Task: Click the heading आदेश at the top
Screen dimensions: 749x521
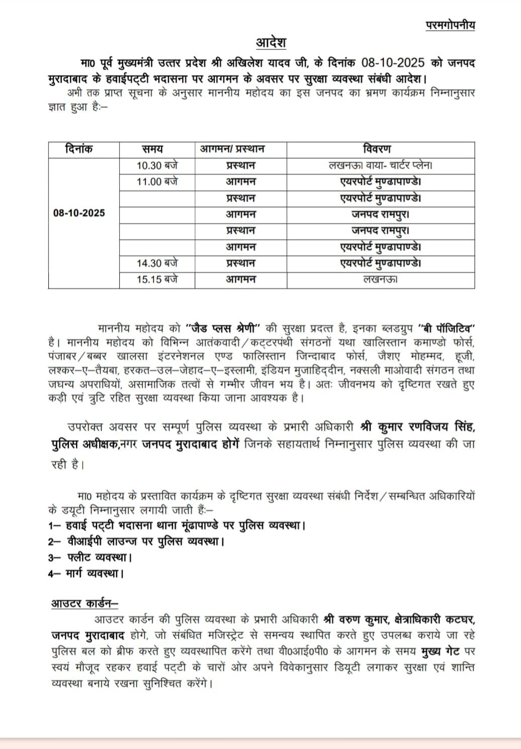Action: [271, 42]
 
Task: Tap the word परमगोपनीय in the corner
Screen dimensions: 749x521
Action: [450, 25]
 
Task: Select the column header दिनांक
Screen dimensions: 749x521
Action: [79, 149]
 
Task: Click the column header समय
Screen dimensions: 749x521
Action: [152, 149]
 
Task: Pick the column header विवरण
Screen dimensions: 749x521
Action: [376, 149]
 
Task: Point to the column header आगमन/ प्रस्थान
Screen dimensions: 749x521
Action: [233, 149]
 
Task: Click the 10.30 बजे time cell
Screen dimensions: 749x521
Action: [157, 165]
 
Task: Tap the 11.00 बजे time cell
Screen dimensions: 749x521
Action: [157, 181]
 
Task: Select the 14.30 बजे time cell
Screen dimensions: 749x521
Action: [157, 263]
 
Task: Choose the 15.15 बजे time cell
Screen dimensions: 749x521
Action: [157, 279]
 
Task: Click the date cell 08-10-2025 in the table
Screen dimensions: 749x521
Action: [79, 213]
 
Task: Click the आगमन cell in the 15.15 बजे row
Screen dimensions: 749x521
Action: [240, 279]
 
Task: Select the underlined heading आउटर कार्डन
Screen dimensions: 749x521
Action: [84, 603]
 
